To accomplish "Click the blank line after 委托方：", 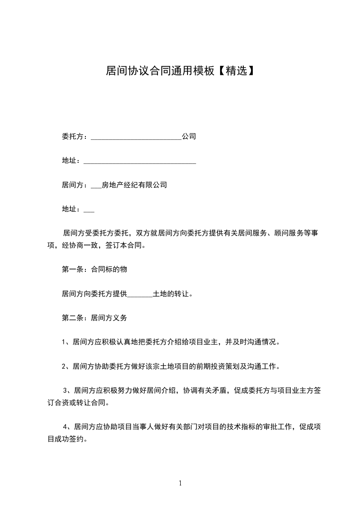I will [x=136, y=137].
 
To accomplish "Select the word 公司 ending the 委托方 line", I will [x=189, y=136].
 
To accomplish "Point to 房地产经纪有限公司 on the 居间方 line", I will [x=134, y=185].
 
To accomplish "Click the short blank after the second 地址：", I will [x=89, y=210].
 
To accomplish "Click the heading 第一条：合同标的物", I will [x=94, y=269].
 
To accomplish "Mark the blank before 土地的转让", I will [x=140, y=294].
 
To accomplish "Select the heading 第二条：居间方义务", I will [x=94, y=318].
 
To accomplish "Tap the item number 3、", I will [x=67, y=390].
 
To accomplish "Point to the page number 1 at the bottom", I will [x=180, y=483].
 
